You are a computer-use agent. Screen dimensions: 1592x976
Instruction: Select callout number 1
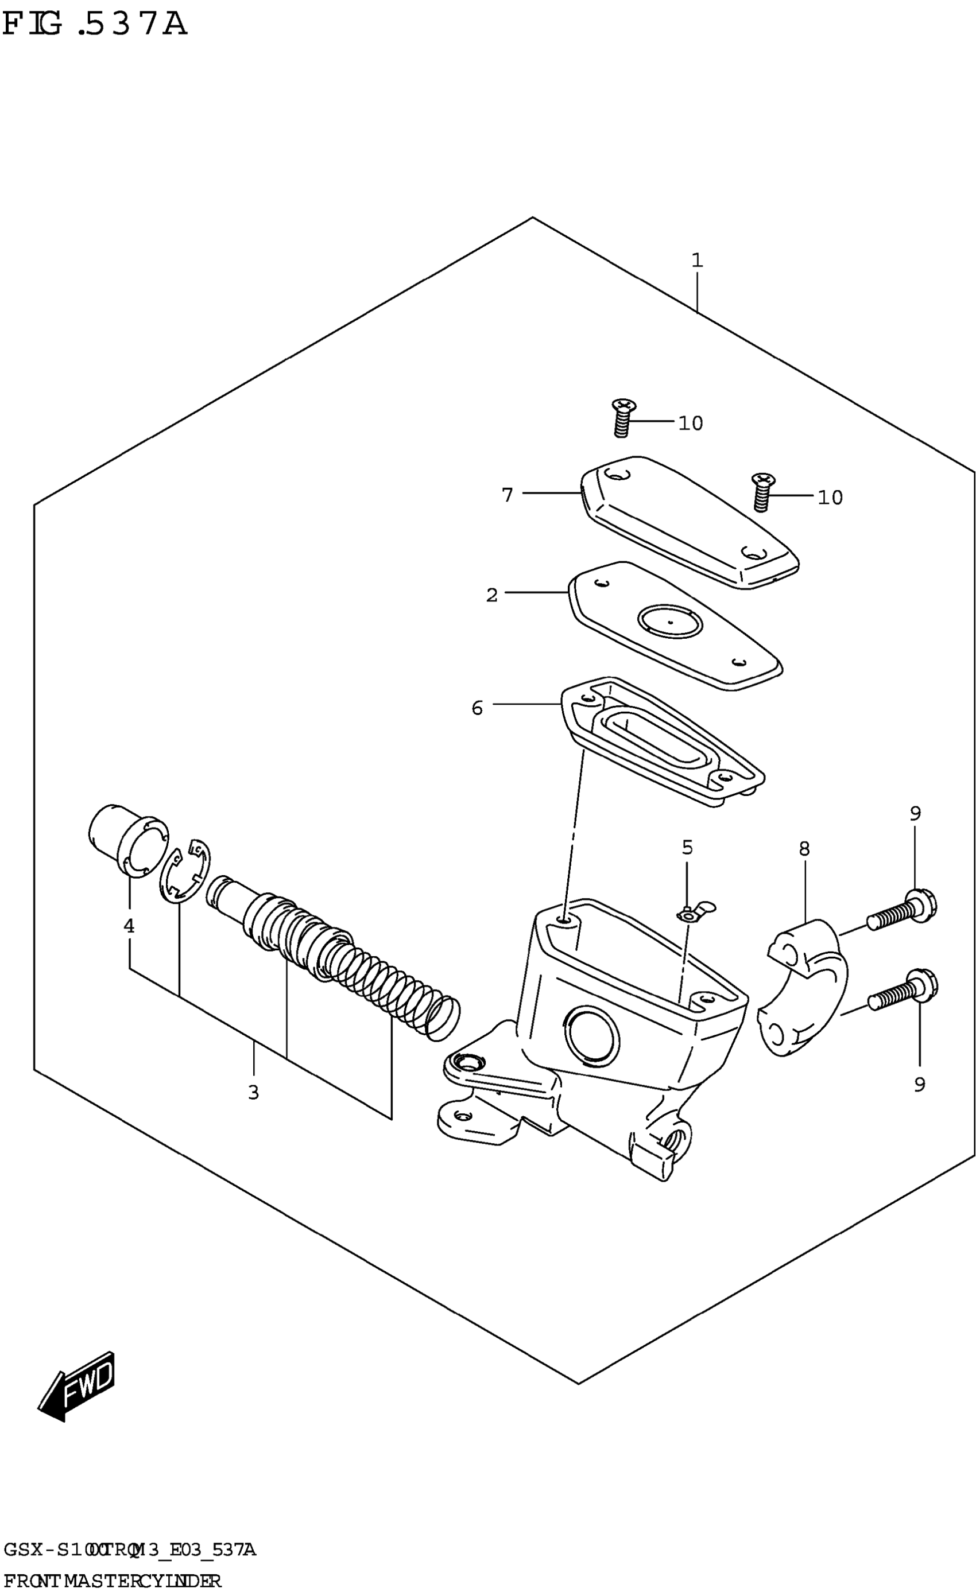tap(697, 261)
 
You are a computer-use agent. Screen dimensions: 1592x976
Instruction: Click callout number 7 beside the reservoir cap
tap(508, 495)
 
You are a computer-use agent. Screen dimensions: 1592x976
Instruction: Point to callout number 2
tap(492, 595)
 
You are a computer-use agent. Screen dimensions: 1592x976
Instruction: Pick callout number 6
tap(477, 708)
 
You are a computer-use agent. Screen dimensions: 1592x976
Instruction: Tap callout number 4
tap(129, 926)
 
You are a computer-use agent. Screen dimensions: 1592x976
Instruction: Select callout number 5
tap(687, 847)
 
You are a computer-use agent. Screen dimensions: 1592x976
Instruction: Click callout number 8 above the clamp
tap(804, 849)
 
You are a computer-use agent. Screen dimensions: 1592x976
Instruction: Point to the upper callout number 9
tap(915, 813)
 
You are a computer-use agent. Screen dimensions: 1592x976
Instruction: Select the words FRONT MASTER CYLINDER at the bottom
tap(113, 1581)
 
